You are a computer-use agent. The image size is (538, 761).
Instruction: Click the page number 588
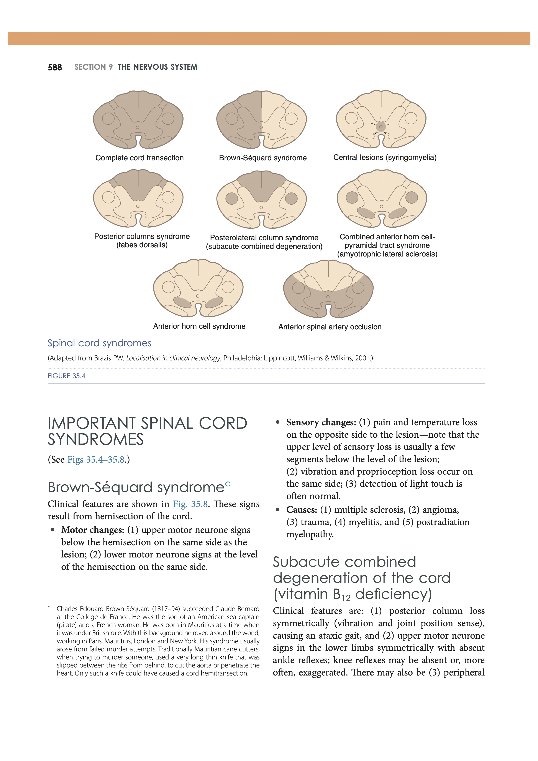click(x=55, y=67)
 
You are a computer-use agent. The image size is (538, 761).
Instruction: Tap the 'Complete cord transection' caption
click(x=139, y=158)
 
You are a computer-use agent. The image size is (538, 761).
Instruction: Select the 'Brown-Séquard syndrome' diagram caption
click(x=263, y=158)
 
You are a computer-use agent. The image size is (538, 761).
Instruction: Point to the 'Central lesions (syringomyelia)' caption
click(x=385, y=158)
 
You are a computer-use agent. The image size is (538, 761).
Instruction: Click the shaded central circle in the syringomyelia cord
click(x=381, y=127)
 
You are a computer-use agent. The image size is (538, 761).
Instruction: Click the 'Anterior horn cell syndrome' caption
click(x=199, y=326)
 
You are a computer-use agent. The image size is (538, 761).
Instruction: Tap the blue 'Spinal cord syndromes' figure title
click(x=99, y=343)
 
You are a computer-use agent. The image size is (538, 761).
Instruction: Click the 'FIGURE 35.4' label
click(x=67, y=376)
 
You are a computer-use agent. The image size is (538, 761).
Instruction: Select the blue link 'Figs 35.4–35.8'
click(x=96, y=460)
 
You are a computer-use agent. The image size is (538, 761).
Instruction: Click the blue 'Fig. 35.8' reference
click(x=190, y=504)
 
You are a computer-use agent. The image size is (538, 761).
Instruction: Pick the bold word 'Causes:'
click(x=302, y=510)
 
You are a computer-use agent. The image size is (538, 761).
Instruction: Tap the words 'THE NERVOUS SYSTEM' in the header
click(x=158, y=67)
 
